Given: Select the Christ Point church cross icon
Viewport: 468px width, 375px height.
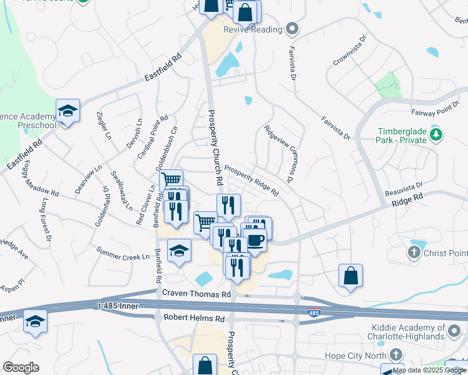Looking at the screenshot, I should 414,252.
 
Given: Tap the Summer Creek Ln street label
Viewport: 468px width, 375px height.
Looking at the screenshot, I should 123,253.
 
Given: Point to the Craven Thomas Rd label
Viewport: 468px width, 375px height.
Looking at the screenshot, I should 196,294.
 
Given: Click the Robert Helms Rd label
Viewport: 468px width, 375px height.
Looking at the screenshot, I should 194,318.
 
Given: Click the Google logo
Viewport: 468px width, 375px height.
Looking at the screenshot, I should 21,367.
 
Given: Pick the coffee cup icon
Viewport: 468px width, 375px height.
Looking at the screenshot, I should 255,240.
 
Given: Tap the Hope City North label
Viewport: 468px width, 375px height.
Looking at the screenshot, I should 350,356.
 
